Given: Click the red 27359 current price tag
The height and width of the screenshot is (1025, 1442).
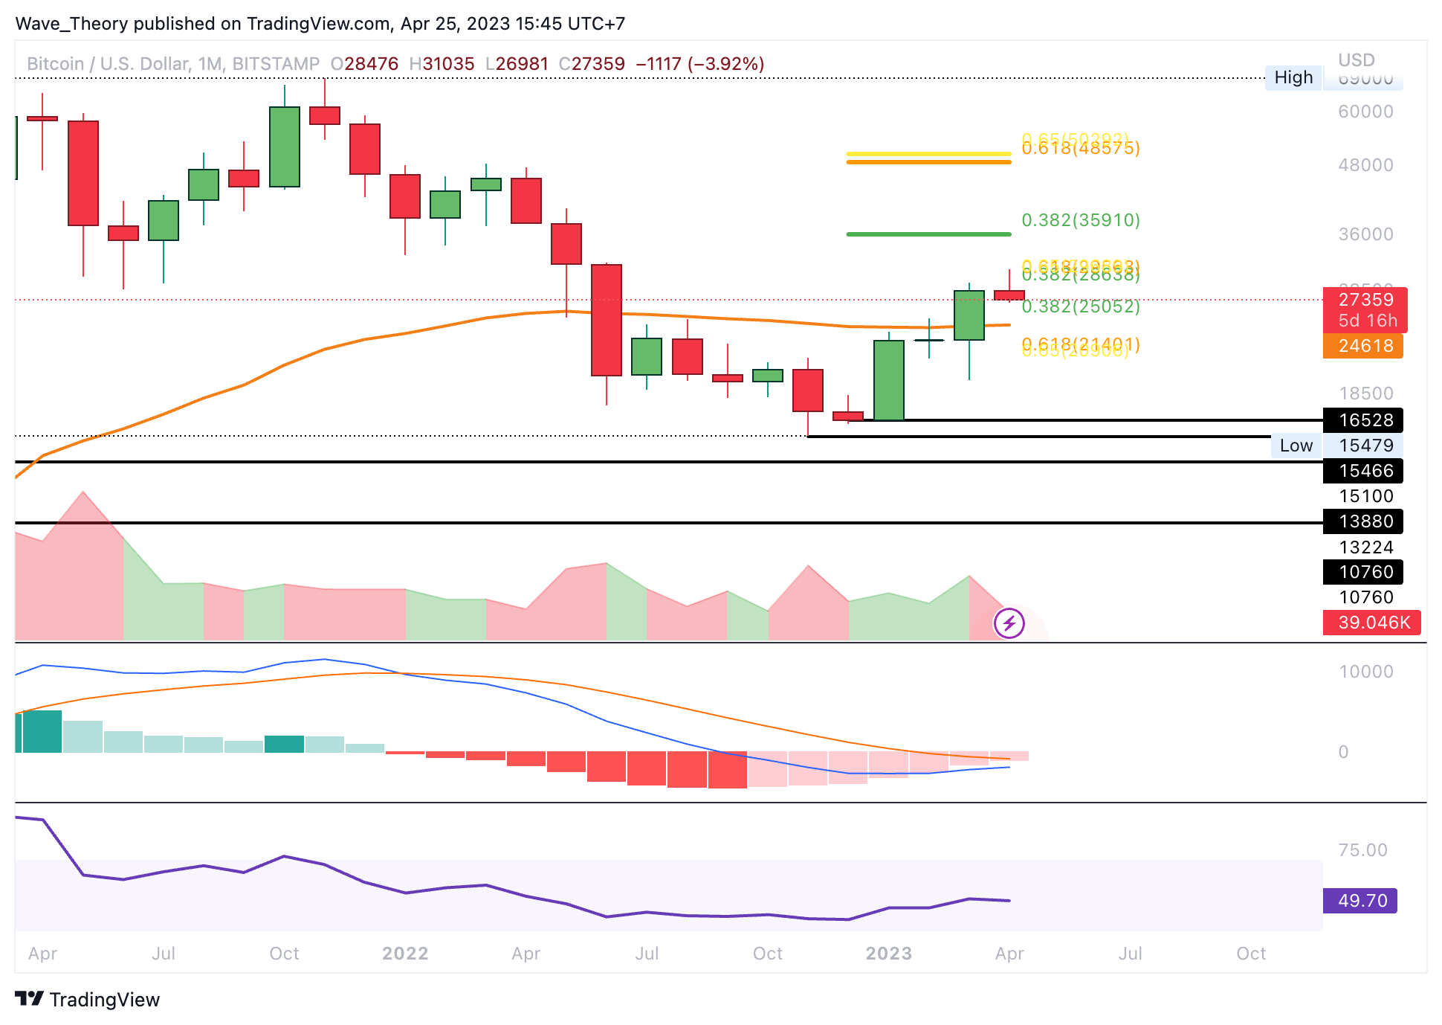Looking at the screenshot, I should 1365,300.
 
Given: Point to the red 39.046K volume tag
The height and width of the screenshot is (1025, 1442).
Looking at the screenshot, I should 1371,623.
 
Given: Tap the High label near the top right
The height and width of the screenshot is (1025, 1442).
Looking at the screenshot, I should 1293,77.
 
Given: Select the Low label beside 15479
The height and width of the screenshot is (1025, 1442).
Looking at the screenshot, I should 1296,446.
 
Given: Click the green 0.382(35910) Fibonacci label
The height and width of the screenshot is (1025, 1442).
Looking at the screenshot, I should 1080,220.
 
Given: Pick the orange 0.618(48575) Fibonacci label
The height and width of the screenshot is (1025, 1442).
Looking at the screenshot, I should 1080,149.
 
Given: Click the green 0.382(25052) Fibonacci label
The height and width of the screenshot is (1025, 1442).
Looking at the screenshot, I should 1080,306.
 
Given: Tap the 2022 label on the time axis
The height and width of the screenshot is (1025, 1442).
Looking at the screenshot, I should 405,954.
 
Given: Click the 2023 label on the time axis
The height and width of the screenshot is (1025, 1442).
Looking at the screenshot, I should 888,954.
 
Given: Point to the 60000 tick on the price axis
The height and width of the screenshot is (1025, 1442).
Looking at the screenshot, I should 1365,112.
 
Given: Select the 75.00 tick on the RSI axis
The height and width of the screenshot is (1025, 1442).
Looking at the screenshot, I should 1362,850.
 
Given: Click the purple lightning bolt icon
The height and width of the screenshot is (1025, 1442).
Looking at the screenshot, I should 1009,623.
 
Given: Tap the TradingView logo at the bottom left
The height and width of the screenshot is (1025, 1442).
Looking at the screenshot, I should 88,999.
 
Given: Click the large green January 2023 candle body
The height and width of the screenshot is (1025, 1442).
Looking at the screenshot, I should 889,380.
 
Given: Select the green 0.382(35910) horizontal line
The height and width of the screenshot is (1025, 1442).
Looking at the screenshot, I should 928,234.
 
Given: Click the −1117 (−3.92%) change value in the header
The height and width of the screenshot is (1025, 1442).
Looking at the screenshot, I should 699,64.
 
